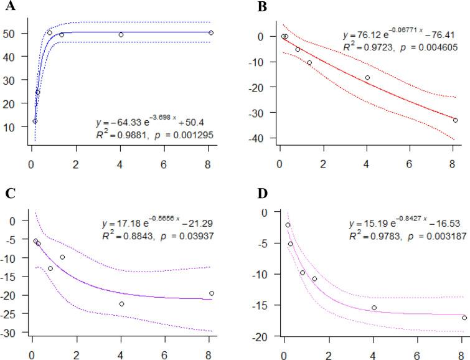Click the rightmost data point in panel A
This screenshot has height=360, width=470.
(x=211, y=32)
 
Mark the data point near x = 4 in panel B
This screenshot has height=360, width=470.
(x=367, y=78)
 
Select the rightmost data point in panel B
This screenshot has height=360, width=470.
(x=455, y=120)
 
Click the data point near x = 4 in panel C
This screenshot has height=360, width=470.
(x=121, y=304)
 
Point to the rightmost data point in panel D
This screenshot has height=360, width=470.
(x=464, y=318)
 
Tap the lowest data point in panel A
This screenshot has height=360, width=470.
(x=35, y=121)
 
